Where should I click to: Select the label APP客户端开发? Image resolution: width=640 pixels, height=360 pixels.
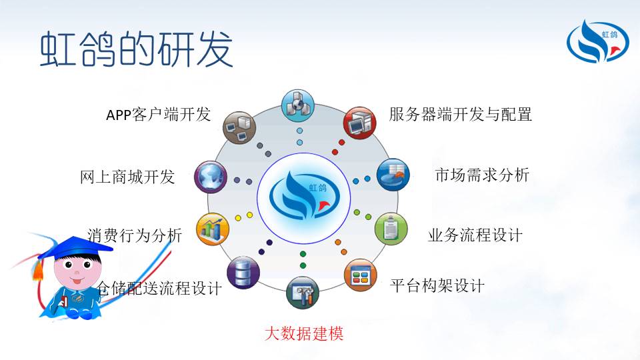[x=159, y=114]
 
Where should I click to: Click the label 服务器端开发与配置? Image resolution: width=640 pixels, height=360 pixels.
[x=461, y=114]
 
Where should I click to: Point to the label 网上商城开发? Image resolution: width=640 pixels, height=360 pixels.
[x=127, y=177]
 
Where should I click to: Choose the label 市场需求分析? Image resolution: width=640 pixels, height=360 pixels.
[x=483, y=175]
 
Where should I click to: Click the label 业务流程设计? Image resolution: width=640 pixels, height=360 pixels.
[x=475, y=235]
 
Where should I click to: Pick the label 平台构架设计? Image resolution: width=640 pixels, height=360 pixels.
[x=437, y=285]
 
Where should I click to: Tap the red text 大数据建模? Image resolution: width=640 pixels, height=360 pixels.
[x=304, y=333]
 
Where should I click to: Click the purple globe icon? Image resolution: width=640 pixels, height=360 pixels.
[x=211, y=177]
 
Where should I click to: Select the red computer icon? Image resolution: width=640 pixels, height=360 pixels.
[x=359, y=123]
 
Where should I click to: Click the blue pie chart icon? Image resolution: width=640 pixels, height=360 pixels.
[x=393, y=175]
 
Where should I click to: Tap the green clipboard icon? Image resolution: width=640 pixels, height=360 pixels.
[x=391, y=229]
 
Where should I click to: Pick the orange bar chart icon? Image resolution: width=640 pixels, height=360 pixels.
[x=213, y=229]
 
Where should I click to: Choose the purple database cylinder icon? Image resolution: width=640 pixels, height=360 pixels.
[x=243, y=273]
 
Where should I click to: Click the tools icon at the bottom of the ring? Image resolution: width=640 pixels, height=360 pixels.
[x=303, y=293]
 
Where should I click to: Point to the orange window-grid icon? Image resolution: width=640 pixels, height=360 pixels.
[x=361, y=275]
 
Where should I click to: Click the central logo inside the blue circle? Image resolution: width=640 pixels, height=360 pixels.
[x=304, y=196]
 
